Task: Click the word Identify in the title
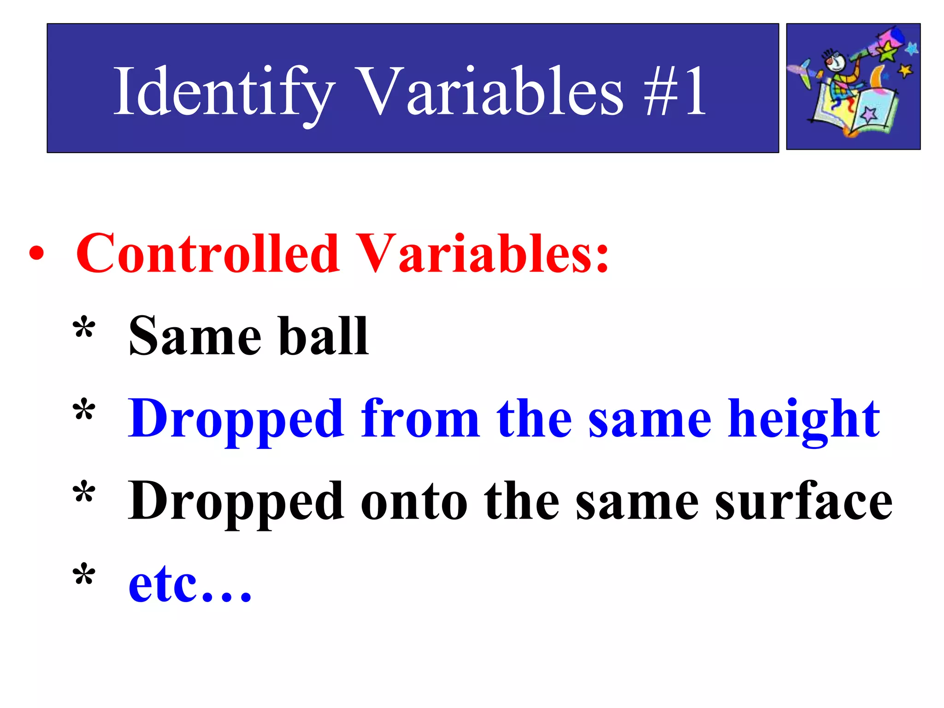point(224,92)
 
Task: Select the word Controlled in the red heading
point(207,254)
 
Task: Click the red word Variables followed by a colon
point(482,254)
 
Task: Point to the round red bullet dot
point(36,253)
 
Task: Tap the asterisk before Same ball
point(84,328)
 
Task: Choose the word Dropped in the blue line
point(236,419)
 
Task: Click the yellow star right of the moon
point(905,71)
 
